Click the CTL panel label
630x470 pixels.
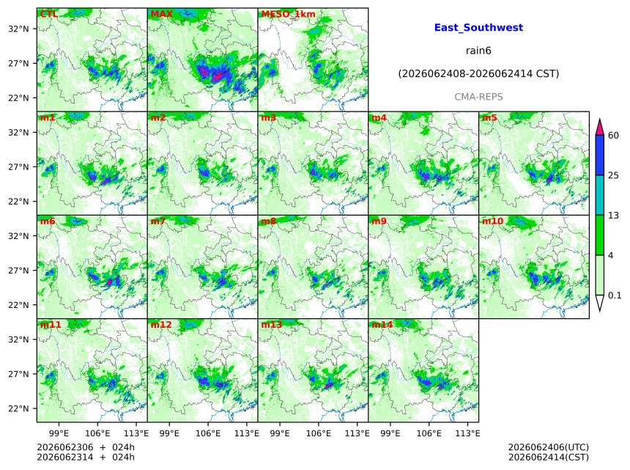coord(48,14)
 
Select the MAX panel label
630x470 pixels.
coord(161,14)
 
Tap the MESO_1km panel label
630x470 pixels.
coord(288,14)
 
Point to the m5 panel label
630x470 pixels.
coord(489,117)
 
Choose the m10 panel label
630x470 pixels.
coord(492,221)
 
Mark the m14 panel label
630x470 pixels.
coord(382,325)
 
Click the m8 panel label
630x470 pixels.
coord(268,221)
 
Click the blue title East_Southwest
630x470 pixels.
coord(478,27)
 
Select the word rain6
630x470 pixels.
coord(478,51)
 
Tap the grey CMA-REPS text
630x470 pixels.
coord(478,97)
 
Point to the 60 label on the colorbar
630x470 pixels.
coord(613,135)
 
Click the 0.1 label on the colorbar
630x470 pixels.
coord(615,295)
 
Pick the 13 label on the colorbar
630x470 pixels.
coord(613,216)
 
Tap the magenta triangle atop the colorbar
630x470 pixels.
coord(599,127)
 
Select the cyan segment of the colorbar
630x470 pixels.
coord(599,195)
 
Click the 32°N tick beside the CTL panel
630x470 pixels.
coord(19,29)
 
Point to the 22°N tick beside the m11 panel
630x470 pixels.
coord(19,408)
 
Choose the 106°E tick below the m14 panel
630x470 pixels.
coord(429,433)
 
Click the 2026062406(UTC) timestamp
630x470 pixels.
coord(549,447)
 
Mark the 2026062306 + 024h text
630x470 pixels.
coord(86,447)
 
